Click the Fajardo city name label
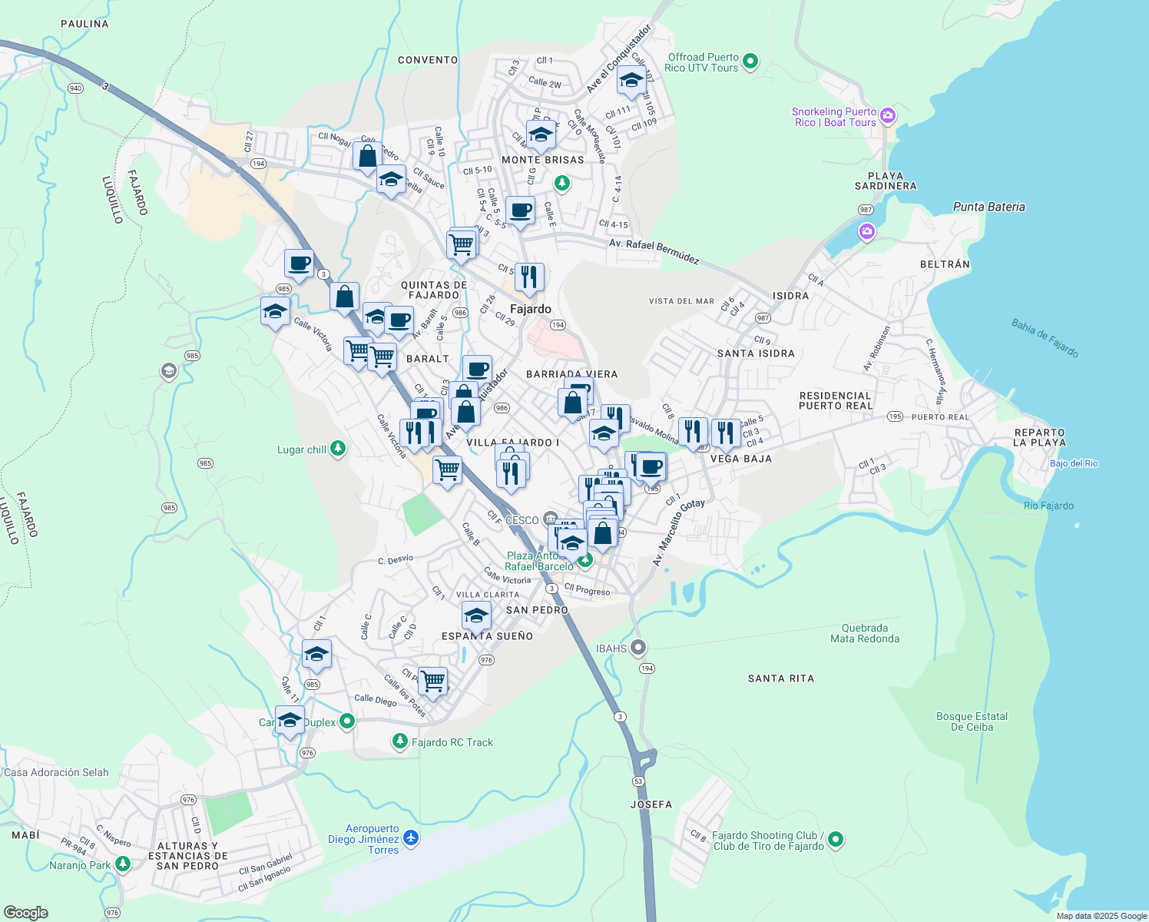(530, 309)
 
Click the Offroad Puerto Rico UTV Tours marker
(751, 61)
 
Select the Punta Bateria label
(988, 207)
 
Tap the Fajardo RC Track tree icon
(399, 741)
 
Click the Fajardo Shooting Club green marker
(836, 840)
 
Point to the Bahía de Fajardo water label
(1045, 338)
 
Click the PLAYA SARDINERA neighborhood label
(886, 181)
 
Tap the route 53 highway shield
(638, 781)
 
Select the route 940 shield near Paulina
(75, 88)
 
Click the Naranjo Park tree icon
(122, 864)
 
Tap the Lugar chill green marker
(337, 449)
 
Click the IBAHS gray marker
(638, 648)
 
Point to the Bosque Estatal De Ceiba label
(972, 721)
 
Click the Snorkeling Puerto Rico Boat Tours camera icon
(888, 116)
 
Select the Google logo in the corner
(25, 912)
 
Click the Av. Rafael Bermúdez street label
(654, 251)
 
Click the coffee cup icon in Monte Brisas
(520, 210)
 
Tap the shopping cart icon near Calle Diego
(433, 680)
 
